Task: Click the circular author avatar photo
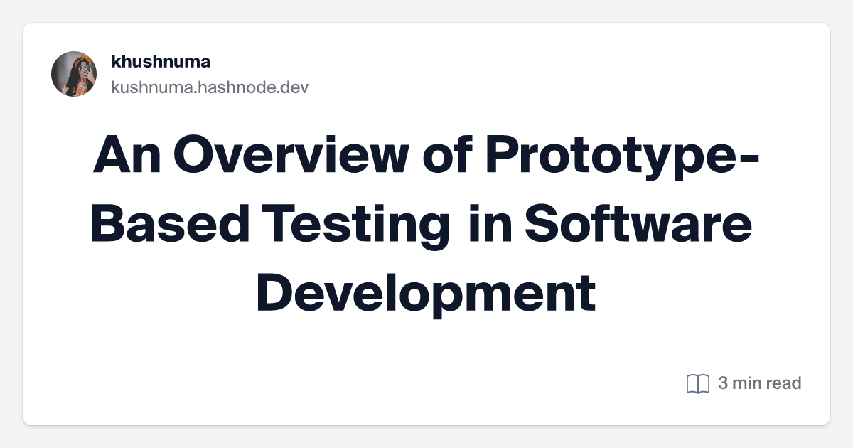click(x=74, y=74)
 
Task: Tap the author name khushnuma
click(x=161, y=62)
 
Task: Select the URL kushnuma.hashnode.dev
click(x=210, y=87)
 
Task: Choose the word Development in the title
click(x=426, y=293)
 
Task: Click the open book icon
click(x=698, y=384)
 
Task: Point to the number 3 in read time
click(x=723, y=383)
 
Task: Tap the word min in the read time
click(x=746, y=383)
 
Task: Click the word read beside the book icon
click(x=783, y=383)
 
